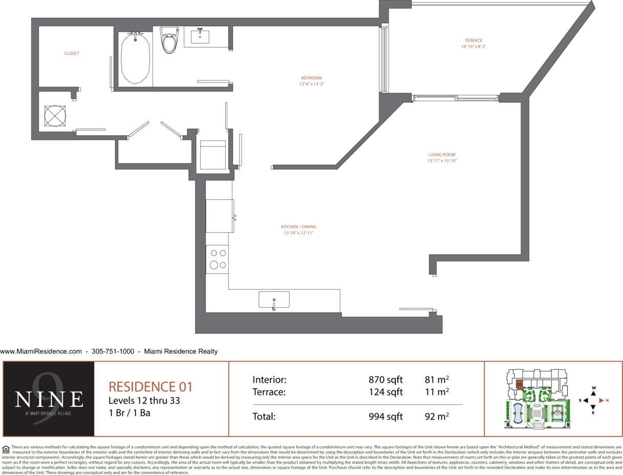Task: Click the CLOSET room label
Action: click(x=72, y=53)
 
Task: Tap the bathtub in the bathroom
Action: click(x=135, y=58)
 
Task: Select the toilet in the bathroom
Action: click(x=169, y=40)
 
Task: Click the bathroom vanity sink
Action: click(x=200, y=36)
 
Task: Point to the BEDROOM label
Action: click(x=311, y=78)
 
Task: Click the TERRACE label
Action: click(x=474, y=40)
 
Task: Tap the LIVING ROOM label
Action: click(x=442, y=155)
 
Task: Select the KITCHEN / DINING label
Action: click(x=298, y=227)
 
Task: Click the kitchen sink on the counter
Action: click(x=274, y=299)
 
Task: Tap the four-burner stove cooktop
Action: click(x=217, y=260)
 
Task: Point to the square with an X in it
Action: click(x=55, y=116)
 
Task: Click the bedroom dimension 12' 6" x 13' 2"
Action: click(x=311, y=84)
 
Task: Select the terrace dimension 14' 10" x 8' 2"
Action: click(x=474, y=47)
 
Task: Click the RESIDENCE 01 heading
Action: click(x=151, y=387)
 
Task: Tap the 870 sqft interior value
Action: click(x=385, y=380)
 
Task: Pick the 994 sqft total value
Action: click(x=385, y=417)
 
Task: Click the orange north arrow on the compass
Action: click(x=601, y=400)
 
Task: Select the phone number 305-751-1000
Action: click(x=113, y=351)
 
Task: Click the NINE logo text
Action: click(x=49, y=399)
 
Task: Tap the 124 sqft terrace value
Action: click(x=385, y=392)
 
